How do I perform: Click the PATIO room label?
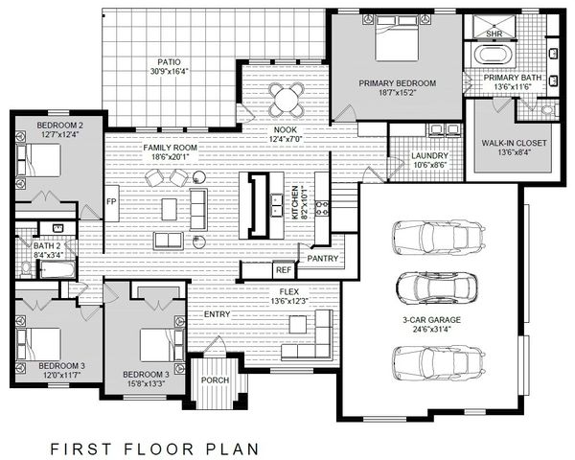[x=168, y=61]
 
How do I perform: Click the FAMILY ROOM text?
[x=170, y=148]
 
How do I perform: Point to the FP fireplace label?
[x=110, y=202]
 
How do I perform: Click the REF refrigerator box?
[x=284, y=269]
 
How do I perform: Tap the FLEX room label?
[x=288, y=290]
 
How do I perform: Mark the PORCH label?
[x=214, y=380]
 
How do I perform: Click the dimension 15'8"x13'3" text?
[x=144, y=384]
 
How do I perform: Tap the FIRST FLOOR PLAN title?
[x=151, y=446]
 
